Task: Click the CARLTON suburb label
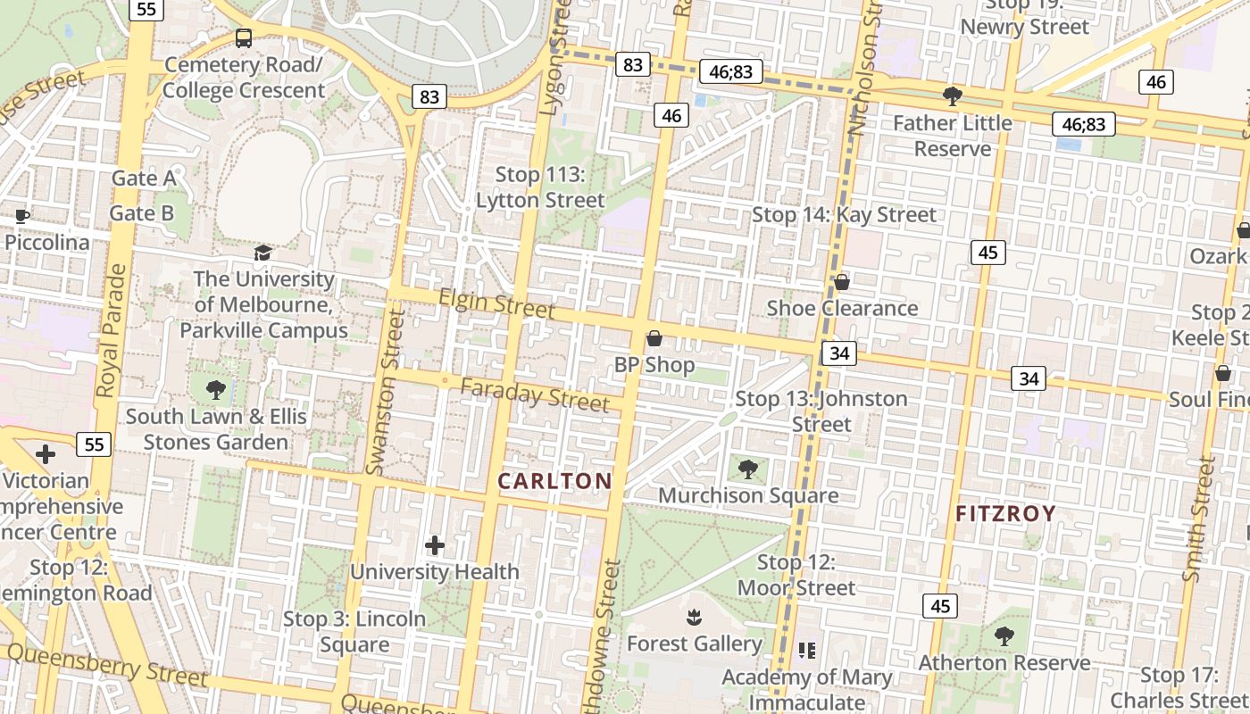554,482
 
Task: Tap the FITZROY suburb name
1005,514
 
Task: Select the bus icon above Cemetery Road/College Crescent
244,38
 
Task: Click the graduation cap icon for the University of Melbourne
262,253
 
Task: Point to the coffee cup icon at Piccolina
22,216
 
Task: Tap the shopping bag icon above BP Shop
654,338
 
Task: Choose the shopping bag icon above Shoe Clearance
841,282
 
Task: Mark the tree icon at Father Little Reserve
952,96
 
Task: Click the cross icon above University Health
435,545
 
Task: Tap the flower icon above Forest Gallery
693,617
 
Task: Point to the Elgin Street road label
496,304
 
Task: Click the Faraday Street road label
535,394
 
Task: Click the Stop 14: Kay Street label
844,215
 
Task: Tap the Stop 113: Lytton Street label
540,187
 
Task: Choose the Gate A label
143,178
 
